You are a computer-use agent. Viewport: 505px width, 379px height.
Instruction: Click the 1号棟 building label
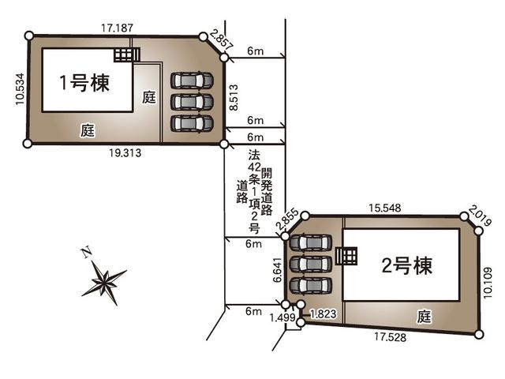84,83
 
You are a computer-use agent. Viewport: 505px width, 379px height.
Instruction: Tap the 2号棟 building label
407,266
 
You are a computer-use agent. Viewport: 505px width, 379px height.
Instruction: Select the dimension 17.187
118,28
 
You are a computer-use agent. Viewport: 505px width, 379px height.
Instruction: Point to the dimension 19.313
125,152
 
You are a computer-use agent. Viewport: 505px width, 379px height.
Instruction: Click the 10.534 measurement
20,89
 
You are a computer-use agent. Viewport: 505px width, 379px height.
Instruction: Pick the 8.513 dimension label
234,98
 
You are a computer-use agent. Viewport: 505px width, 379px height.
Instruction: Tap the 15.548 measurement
385,208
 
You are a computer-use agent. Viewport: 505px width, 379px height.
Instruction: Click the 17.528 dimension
390,337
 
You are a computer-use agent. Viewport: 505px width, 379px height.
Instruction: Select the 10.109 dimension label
488,283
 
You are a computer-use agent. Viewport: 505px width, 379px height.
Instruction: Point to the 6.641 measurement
277,270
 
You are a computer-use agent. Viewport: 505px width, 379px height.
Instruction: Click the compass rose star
104,283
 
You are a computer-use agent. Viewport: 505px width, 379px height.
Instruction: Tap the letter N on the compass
86,253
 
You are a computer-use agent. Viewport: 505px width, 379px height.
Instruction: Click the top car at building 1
192,81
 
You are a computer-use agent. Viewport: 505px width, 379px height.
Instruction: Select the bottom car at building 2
310,286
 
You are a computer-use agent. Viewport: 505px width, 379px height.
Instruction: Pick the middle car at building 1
192,102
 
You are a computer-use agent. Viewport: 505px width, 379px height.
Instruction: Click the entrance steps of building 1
127,55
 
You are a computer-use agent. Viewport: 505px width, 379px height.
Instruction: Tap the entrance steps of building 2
346,256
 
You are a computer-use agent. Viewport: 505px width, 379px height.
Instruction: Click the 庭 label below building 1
88,130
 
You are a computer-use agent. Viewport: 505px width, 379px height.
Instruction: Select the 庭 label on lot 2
424,317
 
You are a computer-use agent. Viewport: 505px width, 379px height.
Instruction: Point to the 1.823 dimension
323,313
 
